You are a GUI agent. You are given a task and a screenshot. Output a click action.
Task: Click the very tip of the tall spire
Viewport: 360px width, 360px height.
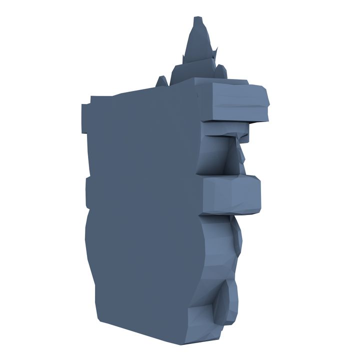pos(198,19)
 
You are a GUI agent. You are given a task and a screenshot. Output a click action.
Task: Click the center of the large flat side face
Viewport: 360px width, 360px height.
pos(142,210)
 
